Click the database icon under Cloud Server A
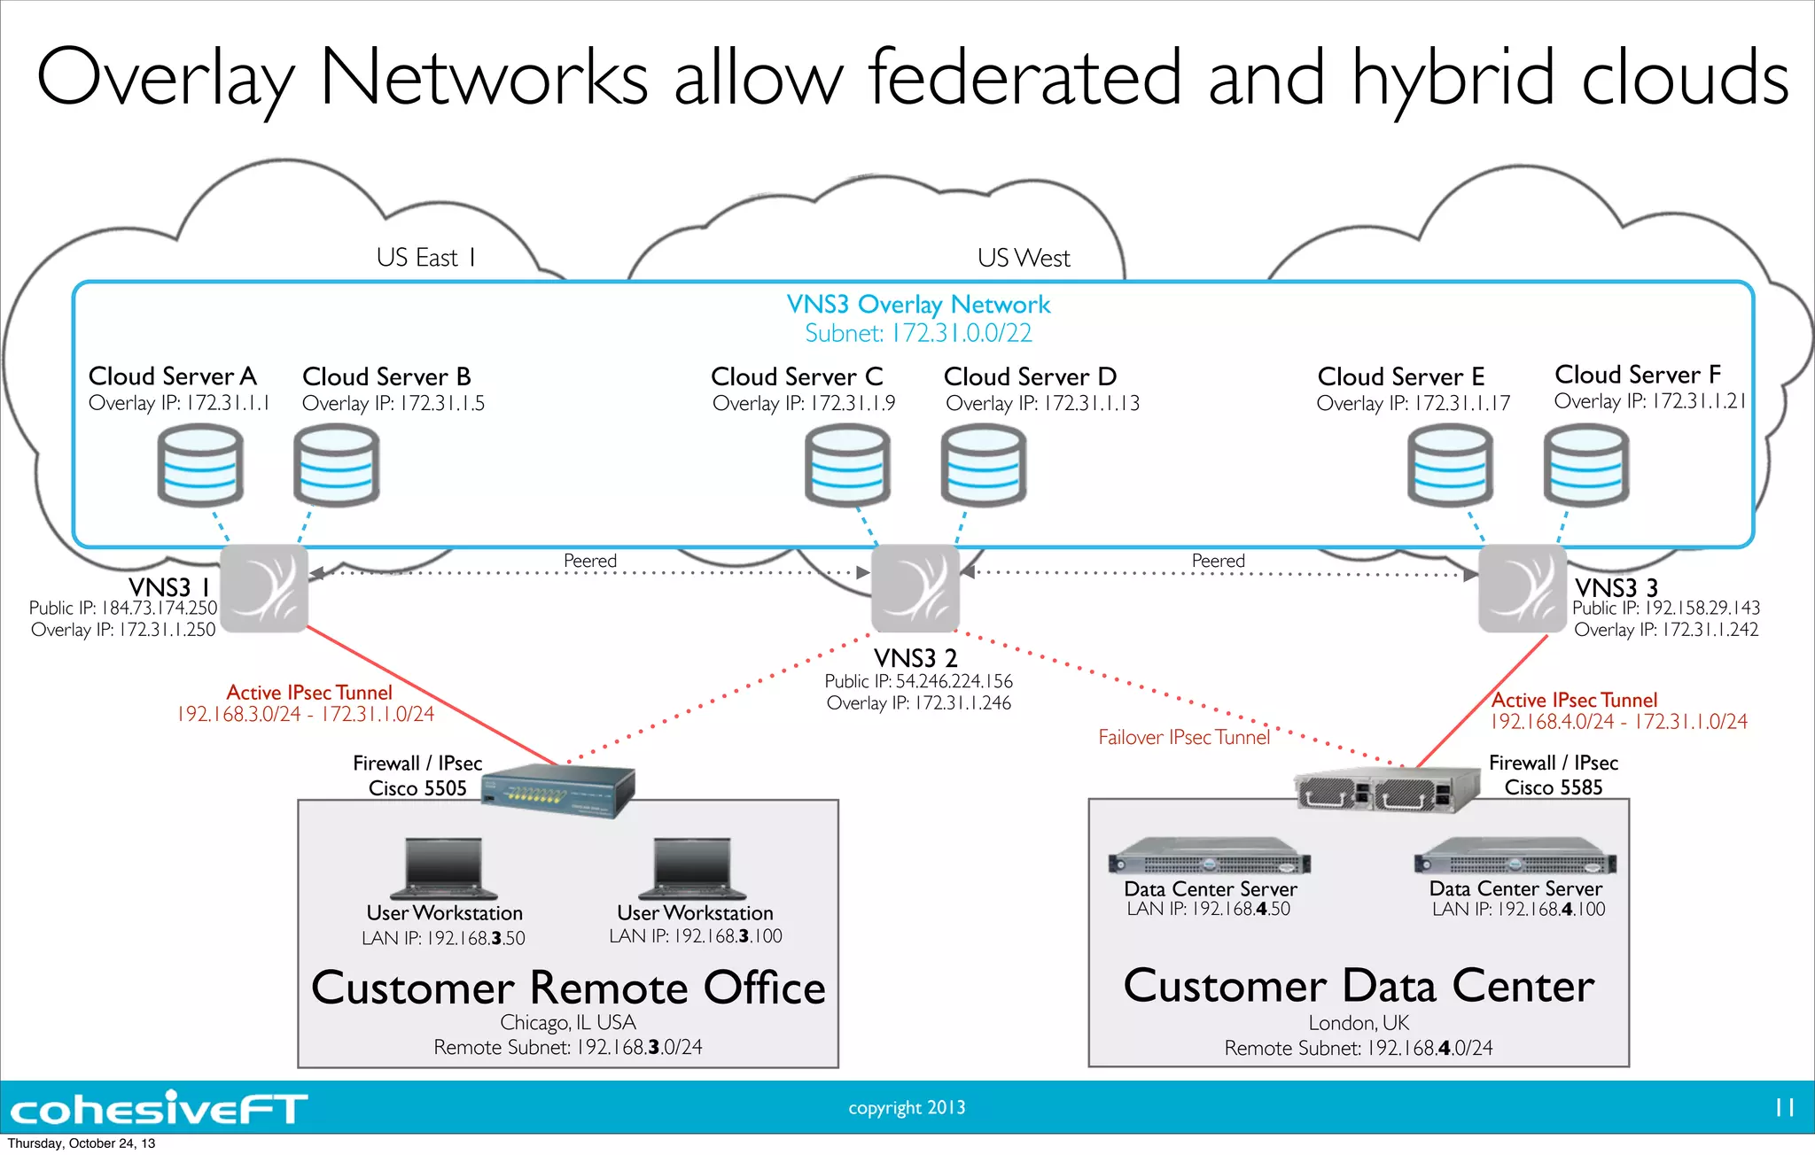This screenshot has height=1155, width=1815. click(200, 465)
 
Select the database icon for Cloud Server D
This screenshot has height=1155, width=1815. click(984, 465)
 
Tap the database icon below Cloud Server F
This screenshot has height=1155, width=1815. click(1586, 465)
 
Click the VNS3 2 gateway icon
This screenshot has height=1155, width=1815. click(915, 588)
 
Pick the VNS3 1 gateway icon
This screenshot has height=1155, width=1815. click(264, 588)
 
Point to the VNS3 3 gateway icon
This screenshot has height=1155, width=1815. click(1523, 588)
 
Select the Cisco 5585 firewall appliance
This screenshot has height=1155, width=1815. click(1386, 788)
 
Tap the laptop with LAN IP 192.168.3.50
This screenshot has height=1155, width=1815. click(444, 868)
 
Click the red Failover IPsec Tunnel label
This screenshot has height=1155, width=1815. click(1184, 737)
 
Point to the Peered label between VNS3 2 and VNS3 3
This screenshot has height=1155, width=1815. click(1218, 561)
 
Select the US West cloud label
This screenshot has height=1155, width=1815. click(1024, 258)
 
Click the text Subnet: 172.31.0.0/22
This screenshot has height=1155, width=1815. click(918, 333)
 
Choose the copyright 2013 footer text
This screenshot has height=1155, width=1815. click(907, 1107)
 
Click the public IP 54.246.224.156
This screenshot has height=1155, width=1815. click(954, 681)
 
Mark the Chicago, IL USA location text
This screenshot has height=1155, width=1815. click(568, 1022)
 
